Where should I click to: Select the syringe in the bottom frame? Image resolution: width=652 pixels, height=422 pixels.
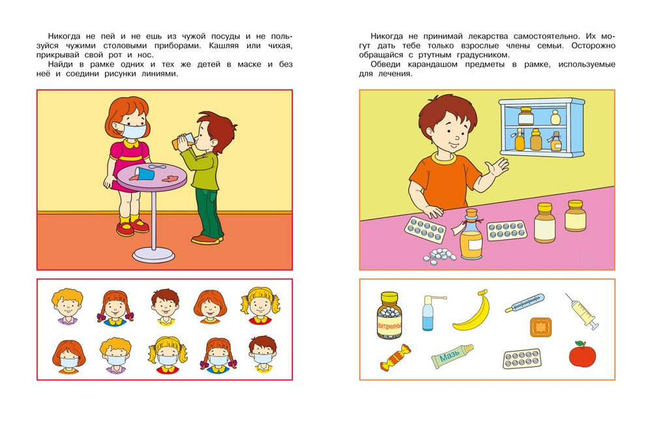(x=582, y=311)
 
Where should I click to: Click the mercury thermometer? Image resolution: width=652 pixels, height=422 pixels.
(x=525, y=303)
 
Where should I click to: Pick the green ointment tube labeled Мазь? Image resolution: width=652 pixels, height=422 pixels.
(x=452, y=356)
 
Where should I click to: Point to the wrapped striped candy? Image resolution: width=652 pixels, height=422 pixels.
(x=395, y=357)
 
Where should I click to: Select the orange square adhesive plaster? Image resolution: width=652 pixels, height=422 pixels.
(x=541, y=327)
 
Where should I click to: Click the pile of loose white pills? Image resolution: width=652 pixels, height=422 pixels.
(x=439, y=255)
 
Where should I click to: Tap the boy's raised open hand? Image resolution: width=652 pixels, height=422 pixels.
(x=497, y=169)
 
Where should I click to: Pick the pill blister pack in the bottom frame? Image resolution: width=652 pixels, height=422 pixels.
(x=522, y=357)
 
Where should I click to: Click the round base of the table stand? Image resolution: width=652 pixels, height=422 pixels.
(x=154, y=253)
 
